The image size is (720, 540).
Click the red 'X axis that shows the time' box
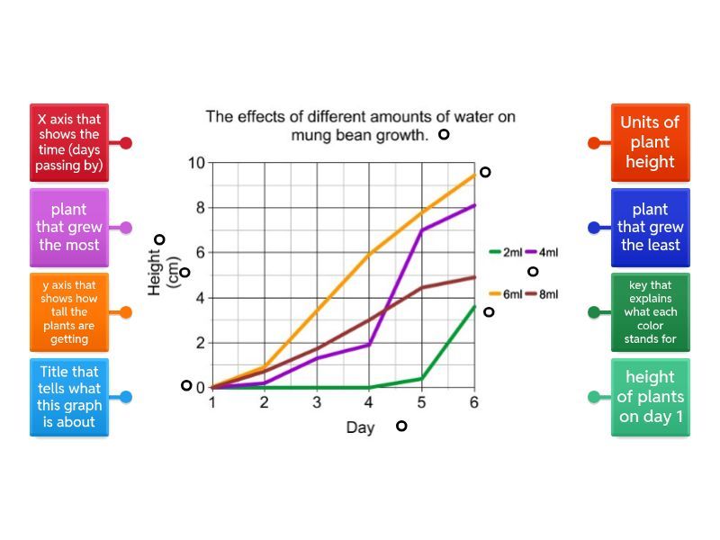click(x=68, y=142)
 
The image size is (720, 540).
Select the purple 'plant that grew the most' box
click(x=68, y=228)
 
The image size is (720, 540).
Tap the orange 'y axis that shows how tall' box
click(x=68, y=312)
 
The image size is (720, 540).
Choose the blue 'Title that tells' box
click(x=68, y=397)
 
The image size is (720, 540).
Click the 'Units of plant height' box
click(x=651, y=142)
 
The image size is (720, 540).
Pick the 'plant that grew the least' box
click(x=651, y=228)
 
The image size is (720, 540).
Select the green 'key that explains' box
click(x=651, y=312)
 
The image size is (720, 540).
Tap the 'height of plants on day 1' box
click(x=651, y=397)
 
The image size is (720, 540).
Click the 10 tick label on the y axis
click(x=196, y=163)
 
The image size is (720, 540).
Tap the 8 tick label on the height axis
click(x=201, y=208)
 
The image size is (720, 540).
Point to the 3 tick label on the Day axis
click(x=317, y=403)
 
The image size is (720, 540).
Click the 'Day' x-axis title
click(x=360, y=428)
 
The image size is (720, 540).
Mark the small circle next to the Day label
click(x=401, y=426)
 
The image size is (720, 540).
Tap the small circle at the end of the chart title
click(x=444, y=135)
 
